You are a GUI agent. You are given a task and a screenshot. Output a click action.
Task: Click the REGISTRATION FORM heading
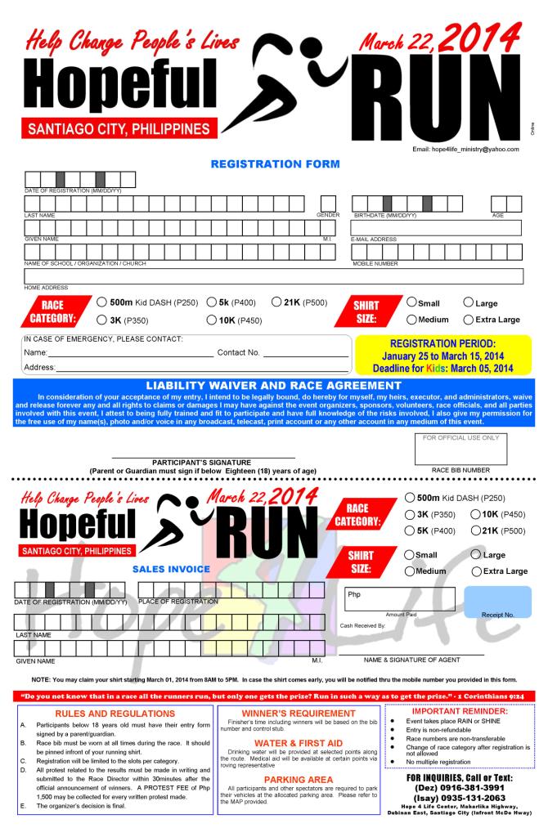274,163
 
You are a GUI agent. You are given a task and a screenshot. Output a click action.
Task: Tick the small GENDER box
328,204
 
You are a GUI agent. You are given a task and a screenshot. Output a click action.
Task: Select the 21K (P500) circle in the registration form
276,302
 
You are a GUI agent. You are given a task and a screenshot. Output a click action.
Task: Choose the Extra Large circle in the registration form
469,320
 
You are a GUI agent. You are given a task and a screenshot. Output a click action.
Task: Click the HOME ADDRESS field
274,276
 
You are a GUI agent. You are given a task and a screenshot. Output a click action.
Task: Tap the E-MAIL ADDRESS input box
436,228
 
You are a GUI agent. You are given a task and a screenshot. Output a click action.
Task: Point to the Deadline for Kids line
443,368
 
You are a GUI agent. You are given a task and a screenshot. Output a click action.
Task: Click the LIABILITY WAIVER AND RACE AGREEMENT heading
274,385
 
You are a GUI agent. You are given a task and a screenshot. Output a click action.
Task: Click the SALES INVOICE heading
171,568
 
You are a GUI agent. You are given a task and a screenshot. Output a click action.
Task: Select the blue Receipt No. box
497,601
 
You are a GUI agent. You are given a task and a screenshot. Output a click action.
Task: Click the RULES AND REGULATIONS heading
110,712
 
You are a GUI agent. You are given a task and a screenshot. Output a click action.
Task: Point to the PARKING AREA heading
297,779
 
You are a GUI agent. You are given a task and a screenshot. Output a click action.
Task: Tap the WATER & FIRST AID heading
298,742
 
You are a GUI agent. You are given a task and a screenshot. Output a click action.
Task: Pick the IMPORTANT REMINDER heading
461,711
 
